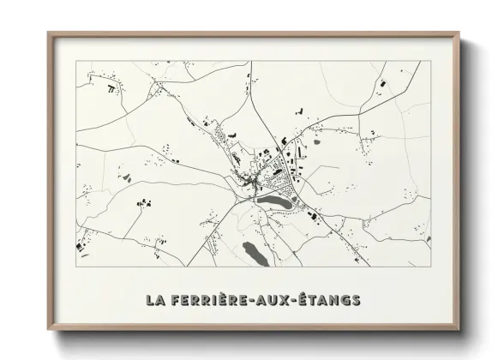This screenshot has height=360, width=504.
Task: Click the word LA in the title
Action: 155,300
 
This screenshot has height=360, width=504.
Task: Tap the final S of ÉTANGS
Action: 357,300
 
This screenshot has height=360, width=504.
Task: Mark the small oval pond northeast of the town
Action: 316,143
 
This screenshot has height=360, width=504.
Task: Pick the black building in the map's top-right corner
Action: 382,84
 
